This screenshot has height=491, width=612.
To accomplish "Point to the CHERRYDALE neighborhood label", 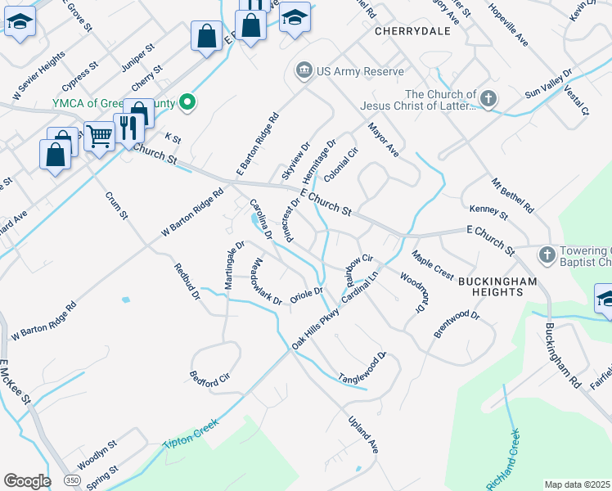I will click(407, 32).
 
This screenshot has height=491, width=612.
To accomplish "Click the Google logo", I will click(27, 481).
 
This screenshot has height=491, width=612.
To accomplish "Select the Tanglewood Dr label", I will click(362, 367).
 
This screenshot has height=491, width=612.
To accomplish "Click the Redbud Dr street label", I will click(187, 282).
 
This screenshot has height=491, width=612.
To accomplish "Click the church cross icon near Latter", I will click(488, 99).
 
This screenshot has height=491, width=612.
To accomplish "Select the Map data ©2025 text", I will click(578, 484).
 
